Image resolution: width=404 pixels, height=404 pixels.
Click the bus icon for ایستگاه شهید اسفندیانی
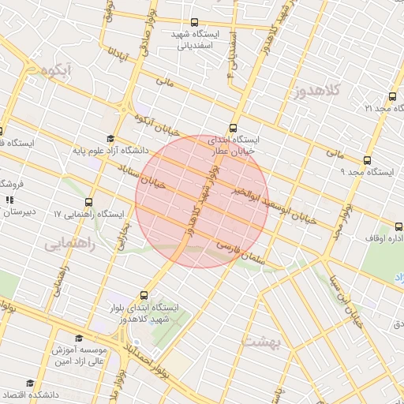point(196,23)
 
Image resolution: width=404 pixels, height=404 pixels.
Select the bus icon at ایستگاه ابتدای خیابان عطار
point(233,127)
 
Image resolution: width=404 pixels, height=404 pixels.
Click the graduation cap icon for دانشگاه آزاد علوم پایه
point(110,137)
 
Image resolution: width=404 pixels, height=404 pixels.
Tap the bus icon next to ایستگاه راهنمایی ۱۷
point(88,202)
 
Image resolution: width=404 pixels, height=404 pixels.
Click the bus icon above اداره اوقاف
point(388,224)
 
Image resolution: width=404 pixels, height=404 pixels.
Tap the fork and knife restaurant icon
point(9,200)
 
